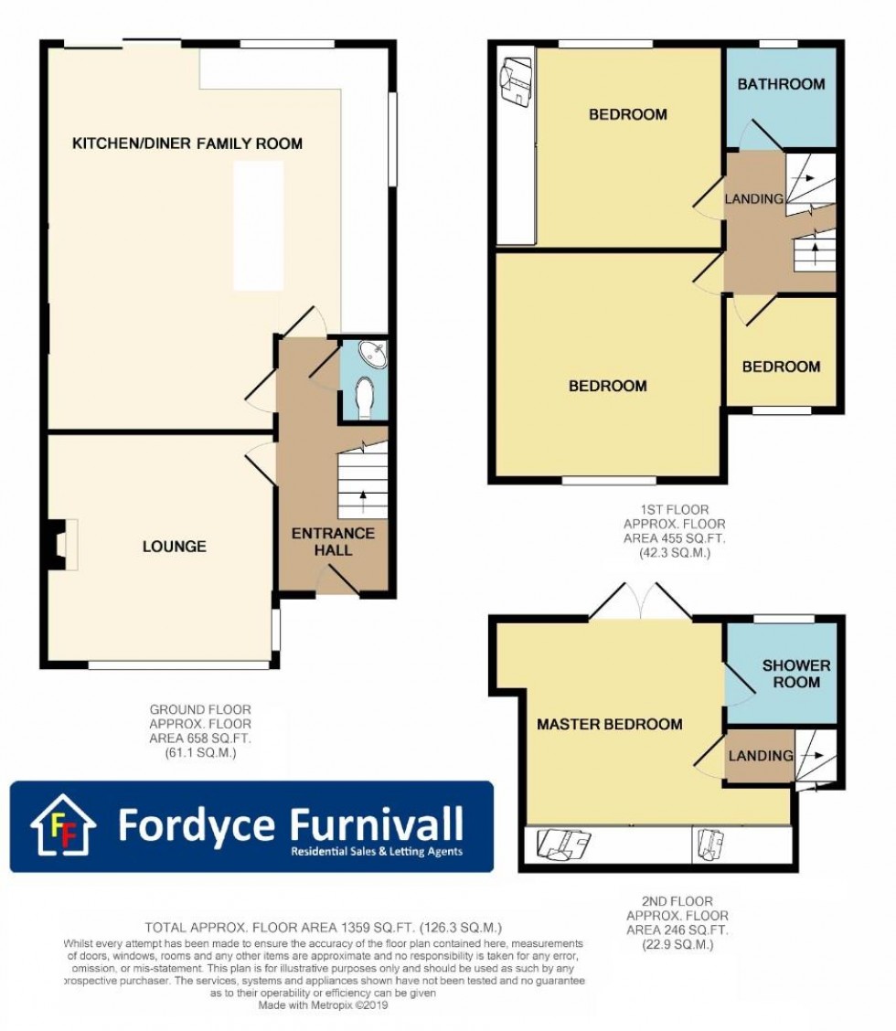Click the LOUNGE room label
click(175, 547)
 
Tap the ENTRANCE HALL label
click(333, 541)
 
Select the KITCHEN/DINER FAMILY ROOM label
click(187, 143)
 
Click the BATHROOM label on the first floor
click(781, 84)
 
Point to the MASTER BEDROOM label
click(609, 724)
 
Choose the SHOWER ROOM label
click(796, 674)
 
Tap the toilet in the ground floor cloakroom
click(364, 399)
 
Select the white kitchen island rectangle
click(259, 226)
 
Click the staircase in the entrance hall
click(362, 482)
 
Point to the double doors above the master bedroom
click(639, 601)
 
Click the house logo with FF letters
click(63, 825)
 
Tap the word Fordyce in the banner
click(197, 825)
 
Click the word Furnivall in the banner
click(377, 824)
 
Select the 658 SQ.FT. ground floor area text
click(200, 739)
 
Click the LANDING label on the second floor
click(761, 756)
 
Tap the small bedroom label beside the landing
click(781, 367)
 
